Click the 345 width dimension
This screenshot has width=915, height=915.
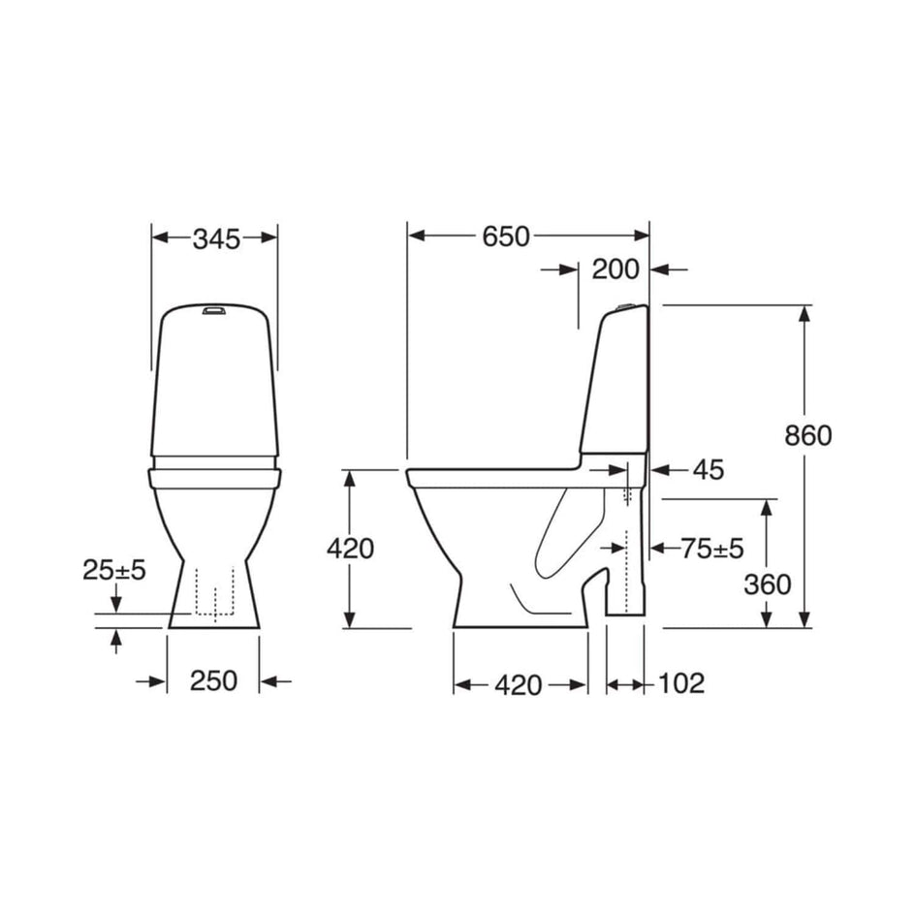click(x=216, y=239)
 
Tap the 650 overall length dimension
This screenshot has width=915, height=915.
click(x=506, y=237)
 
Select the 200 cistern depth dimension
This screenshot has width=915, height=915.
click(x=615, y=269)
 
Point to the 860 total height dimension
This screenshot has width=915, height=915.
click(x=808, y=436)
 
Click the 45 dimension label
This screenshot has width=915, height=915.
click(x=709, y=470)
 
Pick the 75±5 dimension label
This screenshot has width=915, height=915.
click(x=712, y=549)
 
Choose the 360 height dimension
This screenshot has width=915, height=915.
click(x=768, y=584)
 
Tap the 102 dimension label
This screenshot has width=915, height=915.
click(x=681, y=683)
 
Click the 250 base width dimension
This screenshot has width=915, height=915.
click(x=213, y=681)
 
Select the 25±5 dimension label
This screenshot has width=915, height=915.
click(x=113, y=570)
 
